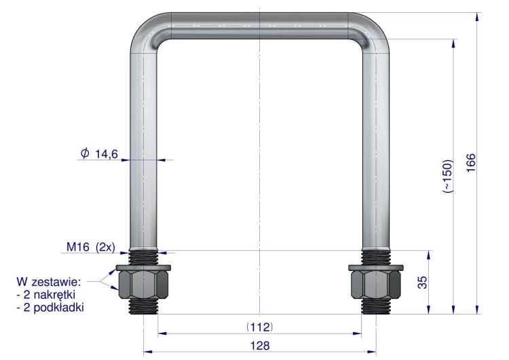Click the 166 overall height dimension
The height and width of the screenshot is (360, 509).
pyautogui.click(x=471, y=163)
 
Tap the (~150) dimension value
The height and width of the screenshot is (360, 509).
pyautogui.click(x=447, y=176)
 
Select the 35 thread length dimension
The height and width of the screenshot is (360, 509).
pyautogui.click(x=422, y=283)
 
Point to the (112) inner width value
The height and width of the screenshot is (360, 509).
pyautogui.click(x=260, y=327)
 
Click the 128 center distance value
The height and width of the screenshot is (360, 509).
pyautogui.click(x=260, y=345)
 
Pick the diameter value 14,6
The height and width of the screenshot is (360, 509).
pyautogui.click(x=107, y=154)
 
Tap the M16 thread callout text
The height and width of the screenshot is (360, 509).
pyautogui.click(x=78, y=247)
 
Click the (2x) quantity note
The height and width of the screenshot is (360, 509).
pyautogui.click(x=105, y=247)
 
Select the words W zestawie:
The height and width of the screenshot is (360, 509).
pyautogui.click(x=49, y=282)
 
